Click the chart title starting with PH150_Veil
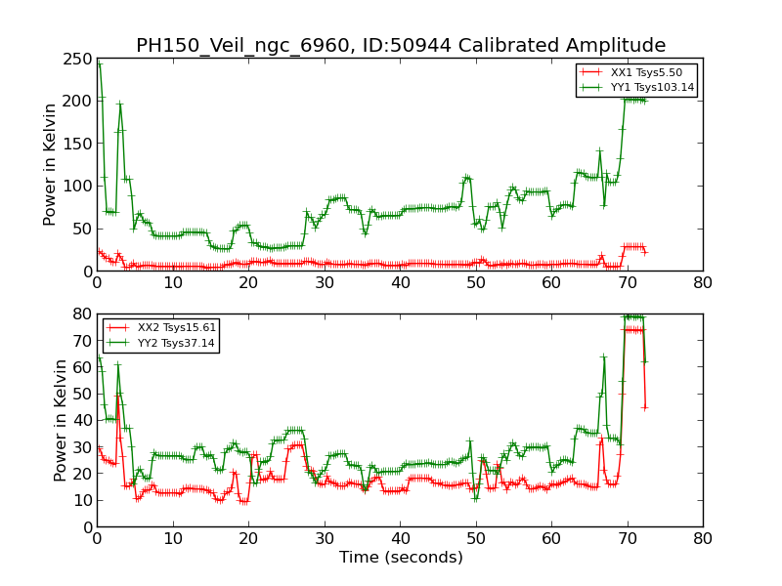(401, 46)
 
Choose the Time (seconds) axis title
(401, 558)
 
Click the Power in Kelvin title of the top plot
(51, 165)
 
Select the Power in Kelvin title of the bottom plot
(61, 420)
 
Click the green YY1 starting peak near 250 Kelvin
(99, 63)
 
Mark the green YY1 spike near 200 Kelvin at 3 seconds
(119, 104)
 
